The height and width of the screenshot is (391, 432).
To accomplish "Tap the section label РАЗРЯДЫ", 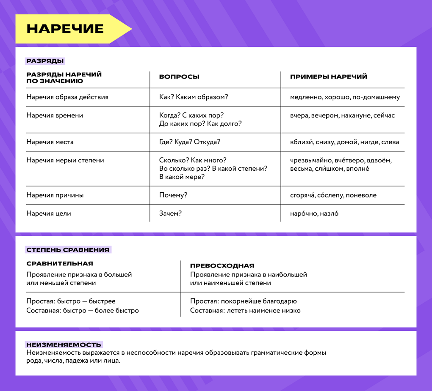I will (45, 61).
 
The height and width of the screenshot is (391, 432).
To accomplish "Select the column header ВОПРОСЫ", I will (179, 77).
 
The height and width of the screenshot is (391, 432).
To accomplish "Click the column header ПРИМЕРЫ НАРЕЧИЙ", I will (328, 77).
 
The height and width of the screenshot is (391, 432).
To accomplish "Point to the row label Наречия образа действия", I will (67, 97).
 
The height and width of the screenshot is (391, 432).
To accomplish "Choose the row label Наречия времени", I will (55, 115).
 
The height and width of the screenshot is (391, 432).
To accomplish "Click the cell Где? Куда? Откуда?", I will (190, 142).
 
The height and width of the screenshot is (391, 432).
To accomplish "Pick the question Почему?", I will (173, 195).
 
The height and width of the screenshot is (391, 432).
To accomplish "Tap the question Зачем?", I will (170, 213).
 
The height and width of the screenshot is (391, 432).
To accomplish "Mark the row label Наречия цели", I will (49, 213).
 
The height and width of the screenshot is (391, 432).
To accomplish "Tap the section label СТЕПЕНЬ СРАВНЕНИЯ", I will (68, 250).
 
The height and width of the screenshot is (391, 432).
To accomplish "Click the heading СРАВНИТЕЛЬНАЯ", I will (60, 264).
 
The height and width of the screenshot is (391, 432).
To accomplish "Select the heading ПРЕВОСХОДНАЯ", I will (222, 266).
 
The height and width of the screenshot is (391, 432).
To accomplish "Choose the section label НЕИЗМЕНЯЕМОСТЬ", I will (64, 345).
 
